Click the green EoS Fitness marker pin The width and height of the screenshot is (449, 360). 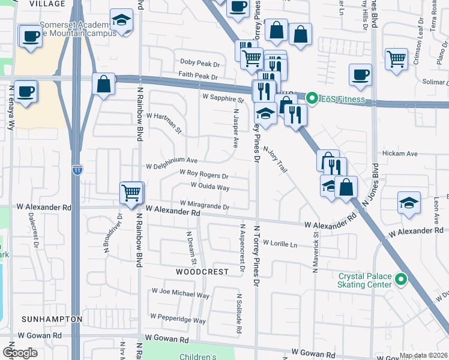312,98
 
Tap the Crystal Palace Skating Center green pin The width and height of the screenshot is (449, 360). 402,280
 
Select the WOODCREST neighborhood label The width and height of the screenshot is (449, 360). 202,272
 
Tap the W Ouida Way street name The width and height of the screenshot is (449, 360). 210,187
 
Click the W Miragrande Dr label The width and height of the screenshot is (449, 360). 201,206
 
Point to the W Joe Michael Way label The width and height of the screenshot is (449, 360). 181,295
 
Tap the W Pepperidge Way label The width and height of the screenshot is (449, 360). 179,316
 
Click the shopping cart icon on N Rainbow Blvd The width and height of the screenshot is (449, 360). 132,193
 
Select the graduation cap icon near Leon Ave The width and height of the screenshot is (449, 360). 408,202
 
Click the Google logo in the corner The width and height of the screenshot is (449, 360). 20,353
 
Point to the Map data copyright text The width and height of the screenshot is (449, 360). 423,355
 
